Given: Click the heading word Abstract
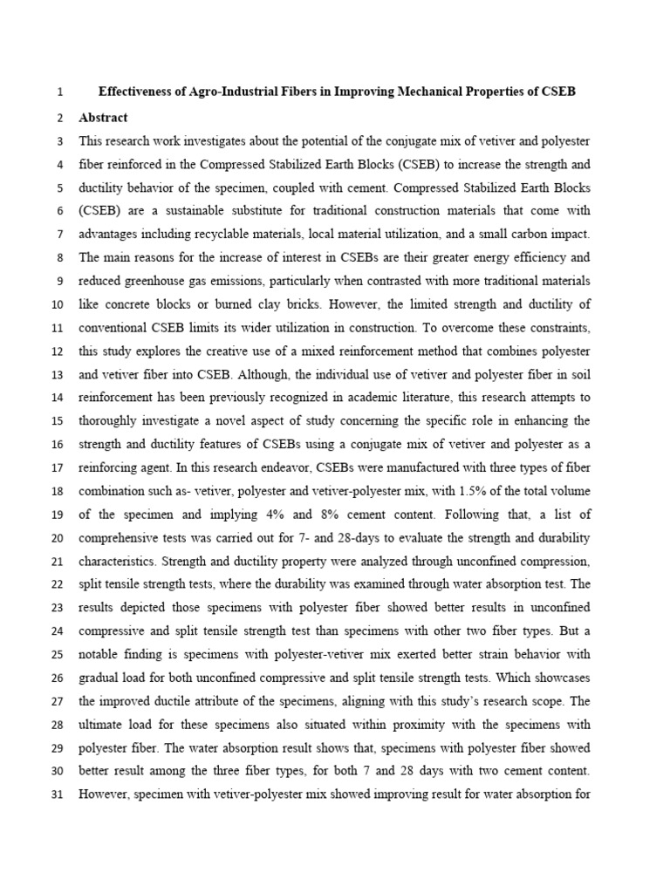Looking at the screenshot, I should [103, 118].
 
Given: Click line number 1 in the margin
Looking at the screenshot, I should [58, 92].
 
